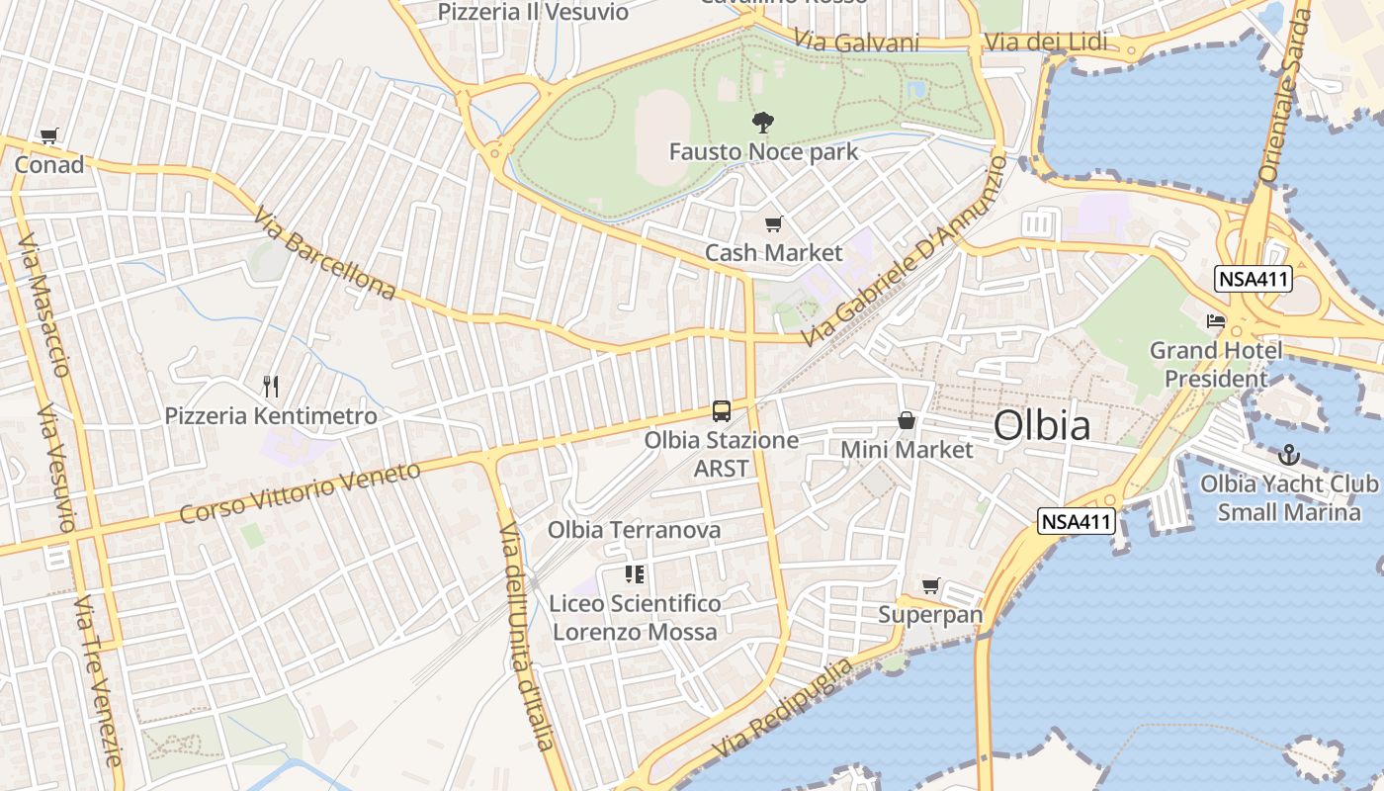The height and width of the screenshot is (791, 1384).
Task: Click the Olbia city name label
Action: tap(1042, 425)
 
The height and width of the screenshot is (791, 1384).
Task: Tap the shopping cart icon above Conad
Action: tap(48, 136)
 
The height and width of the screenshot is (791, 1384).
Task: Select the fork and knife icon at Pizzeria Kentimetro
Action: tap(271, 386)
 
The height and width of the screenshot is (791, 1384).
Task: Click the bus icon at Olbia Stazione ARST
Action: tap(722, 411)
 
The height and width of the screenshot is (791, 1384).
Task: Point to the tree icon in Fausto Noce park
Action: tap(763, 124)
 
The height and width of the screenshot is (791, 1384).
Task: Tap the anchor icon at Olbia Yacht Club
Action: tap(1288, 455)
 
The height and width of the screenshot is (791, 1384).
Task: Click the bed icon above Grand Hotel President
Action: tap(1215, 321)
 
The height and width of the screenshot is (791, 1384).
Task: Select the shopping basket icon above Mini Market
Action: tap(907, 421)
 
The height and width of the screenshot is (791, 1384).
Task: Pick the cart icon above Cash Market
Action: tap(773, 224)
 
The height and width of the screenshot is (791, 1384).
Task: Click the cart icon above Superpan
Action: tap(930, 586)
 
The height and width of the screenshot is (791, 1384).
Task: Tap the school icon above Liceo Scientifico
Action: tap(635, 574)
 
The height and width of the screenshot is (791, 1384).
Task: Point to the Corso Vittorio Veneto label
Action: tap(300, 492)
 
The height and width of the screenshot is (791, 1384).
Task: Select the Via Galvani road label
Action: tap(856, 42)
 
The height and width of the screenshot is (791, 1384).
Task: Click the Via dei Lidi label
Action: tap(1045, 44)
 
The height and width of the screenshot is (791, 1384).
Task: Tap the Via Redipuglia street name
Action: tap(781, 708)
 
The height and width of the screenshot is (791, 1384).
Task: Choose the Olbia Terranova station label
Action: tap(635, 530)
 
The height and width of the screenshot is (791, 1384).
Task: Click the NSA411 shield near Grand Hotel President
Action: tap(1254, 279)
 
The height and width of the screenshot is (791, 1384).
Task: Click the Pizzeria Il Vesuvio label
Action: tap(533, 12)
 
